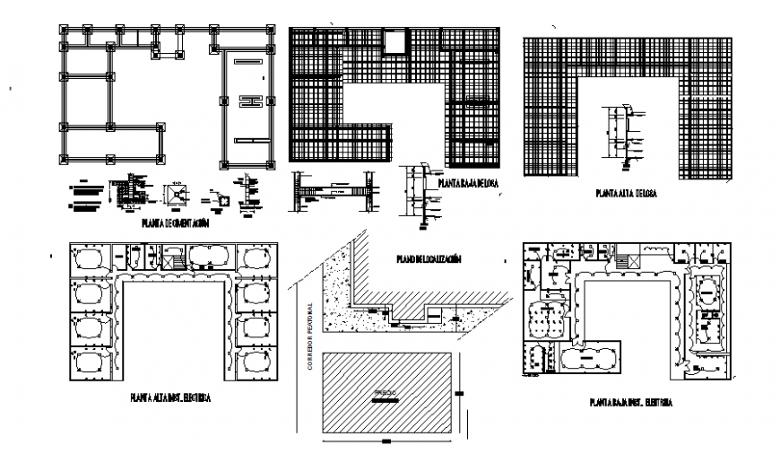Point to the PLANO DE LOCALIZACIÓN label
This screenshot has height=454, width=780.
pos(429,259)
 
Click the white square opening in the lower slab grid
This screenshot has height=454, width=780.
pos(393,42)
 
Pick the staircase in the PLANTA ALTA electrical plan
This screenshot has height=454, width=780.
pos(174,260)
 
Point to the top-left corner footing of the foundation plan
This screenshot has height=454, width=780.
pos(64,30)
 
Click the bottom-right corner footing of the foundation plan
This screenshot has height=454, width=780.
pos(272,164)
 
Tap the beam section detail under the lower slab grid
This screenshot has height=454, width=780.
pos(334,190)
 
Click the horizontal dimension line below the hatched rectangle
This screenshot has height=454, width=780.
pos(386,441)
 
